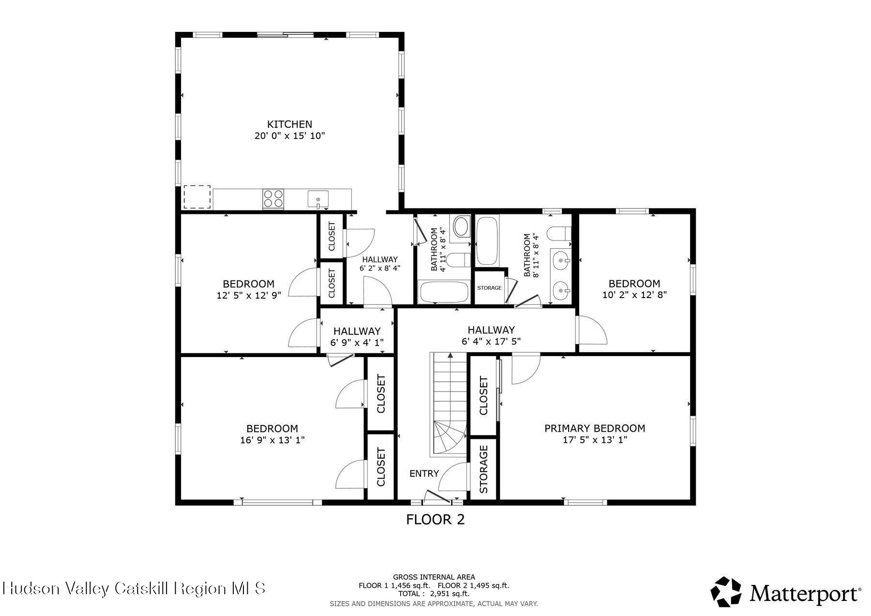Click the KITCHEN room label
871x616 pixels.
coord(289,124)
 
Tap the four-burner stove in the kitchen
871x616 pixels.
coord(273,199)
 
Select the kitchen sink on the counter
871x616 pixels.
coord(318,199)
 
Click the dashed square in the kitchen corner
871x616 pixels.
coord(196,196)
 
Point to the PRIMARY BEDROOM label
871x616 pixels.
coord(595,428)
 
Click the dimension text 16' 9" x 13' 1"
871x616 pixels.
coord(272,440)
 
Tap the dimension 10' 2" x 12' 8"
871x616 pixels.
coord(634,295)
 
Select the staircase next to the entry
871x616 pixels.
coord(449,404)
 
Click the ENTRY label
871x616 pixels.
coord(424,473)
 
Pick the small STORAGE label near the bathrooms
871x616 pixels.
coord(489,288)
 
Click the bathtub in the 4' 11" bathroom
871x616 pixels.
coord(444,292)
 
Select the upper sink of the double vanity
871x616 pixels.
coord(561,261)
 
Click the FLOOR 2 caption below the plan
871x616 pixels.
coord(435,520)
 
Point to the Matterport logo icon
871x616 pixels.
coord(726,591)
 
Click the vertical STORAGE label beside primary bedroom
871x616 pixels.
coord(483,469)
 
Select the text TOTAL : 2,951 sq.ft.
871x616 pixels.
coord(434,594)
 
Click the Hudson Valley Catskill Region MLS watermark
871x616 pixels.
coord(134,588)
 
